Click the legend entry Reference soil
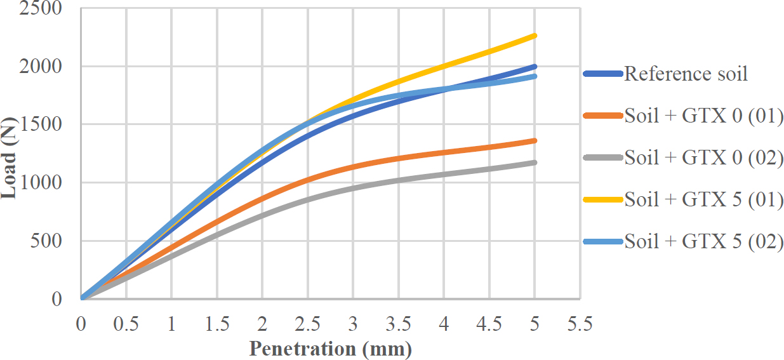(x=686, y=74)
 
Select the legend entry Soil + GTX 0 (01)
(x=703, y=116)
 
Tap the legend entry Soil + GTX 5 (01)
(x=703, y=199)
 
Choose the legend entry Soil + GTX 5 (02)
(x=703, y=241)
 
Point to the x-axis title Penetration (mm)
(x=330, y=349)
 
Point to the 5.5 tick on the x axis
(x=580, y=324)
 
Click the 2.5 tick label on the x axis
(x=308, y=324)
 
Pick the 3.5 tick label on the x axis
(x=398, y=324)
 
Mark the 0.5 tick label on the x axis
(x=126, y=324)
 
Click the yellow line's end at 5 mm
(x=535, y=36)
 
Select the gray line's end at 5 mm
(x=535, y=163)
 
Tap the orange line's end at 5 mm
(x=535, y=140)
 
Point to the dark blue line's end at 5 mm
(x=535, y=66)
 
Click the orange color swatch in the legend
(x=602, y=116)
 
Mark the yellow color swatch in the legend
(x=602, y=199)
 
